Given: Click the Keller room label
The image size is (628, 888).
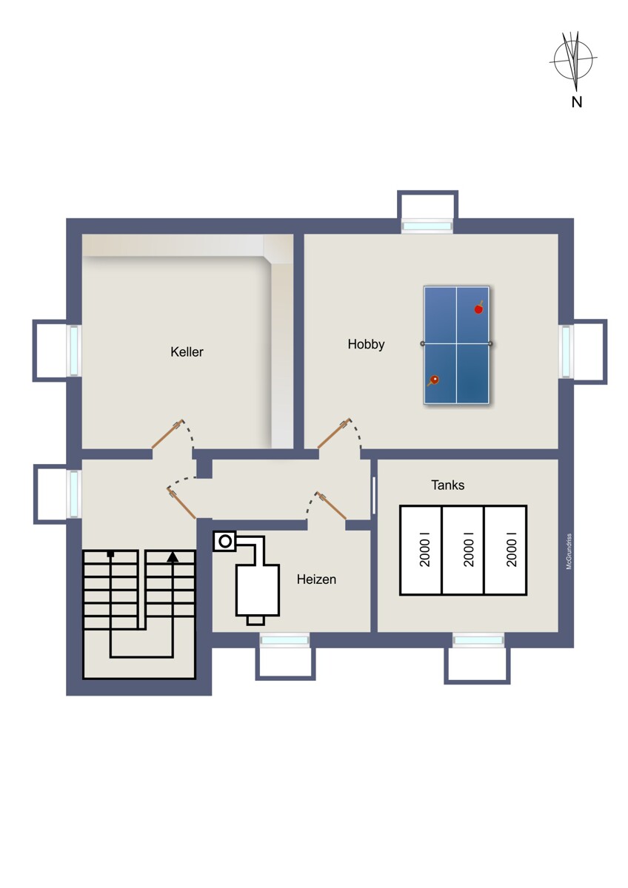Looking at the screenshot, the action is click(x=187, y=351).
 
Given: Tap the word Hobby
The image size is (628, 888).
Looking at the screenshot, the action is click(x=366, y=344).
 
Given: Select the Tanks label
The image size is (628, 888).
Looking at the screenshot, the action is click(x=447, y=485).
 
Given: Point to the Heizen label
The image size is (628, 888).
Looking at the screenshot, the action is click(x=316, y=579).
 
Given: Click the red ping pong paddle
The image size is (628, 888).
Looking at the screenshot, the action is click(x=479, y=308).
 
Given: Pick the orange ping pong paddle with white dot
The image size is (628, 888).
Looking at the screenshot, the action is click(x=433, y=380).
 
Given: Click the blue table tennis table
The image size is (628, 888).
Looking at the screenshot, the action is click(x=456, y=345).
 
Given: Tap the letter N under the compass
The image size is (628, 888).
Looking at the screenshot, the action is click(x=576, y=102).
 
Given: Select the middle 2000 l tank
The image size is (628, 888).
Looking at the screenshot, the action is click(x=463, y=550).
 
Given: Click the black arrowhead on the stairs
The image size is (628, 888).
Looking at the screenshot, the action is click(x=173, y=556).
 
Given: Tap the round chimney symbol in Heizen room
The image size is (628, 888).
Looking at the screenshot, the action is click(x=225, y=541).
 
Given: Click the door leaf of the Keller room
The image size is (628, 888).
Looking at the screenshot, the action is click(x=167, y=434).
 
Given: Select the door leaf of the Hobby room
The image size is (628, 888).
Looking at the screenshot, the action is click(x=334, y=434).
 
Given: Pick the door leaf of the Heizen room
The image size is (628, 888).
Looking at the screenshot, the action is click(x=331, y=505).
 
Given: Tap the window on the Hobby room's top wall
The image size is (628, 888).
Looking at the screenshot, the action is click(x=427, y=226).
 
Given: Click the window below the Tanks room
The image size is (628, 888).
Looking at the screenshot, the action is click(x=478, y=640).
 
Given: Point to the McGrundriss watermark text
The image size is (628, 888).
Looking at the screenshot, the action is click(x=569, y=551).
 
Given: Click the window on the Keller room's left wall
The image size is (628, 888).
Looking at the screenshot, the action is click(x=75, y=350).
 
